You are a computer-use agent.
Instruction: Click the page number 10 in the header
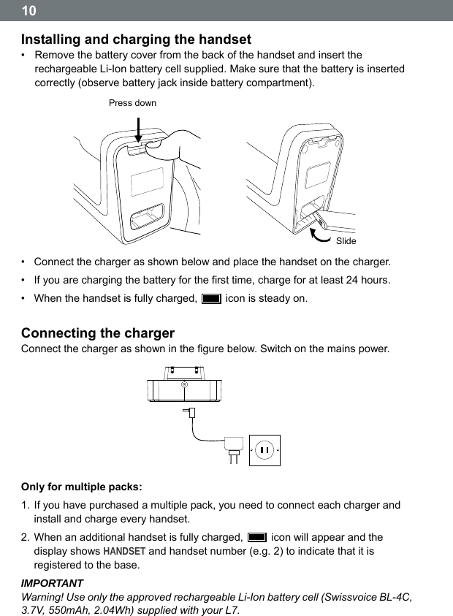point(28,11)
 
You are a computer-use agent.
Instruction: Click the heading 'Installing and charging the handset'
point(136,39)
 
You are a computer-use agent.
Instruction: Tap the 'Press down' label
point(132,103)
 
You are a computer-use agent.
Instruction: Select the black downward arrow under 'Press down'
point(137,132)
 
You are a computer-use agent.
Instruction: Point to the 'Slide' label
point(346,241)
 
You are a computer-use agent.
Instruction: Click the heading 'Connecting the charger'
point(98,333)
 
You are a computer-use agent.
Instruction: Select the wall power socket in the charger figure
point(264,449)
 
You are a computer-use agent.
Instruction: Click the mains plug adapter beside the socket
point(234,447)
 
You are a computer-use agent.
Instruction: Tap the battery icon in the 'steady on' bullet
point(211,299)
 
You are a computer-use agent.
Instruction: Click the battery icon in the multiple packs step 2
point(257,537)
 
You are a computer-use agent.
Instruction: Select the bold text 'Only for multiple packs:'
point(82,487)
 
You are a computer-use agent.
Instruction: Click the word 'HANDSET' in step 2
point(126,551)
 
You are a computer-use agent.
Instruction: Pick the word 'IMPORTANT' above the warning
point(52,584)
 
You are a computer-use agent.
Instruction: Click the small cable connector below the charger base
point(191,413)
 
